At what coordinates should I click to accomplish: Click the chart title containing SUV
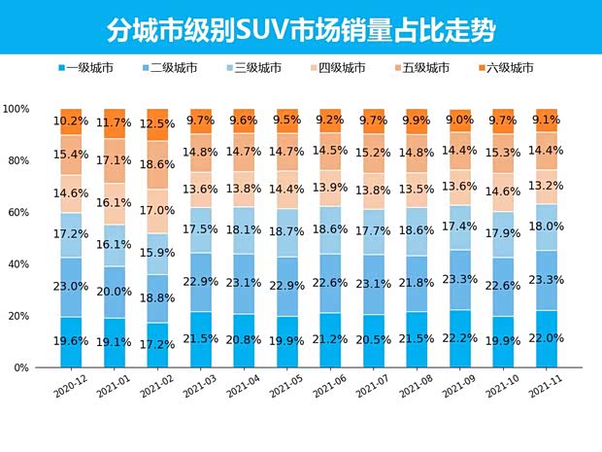coord(300,28)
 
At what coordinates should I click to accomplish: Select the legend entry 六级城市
coord(509,68)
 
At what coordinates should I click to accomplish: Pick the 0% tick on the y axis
coord(22,368)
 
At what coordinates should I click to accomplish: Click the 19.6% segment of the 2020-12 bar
coord(71,342)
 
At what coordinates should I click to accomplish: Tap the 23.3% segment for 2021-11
coord(547,280)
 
